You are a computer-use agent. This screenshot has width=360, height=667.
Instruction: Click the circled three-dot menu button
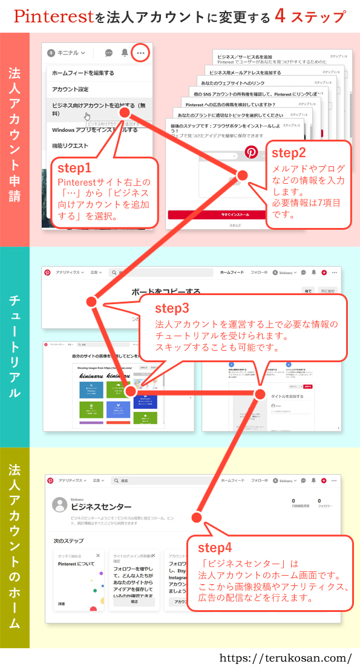tap(140, 53)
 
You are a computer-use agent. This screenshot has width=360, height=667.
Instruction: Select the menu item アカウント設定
tap(70, 89)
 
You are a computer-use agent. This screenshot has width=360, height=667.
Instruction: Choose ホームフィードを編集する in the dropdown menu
tap(83, 73)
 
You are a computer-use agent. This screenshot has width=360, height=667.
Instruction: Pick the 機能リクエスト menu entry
tap(70, 146)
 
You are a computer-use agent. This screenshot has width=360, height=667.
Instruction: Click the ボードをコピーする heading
tap(166, 291)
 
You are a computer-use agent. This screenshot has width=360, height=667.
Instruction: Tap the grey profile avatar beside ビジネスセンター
tap(59, 505)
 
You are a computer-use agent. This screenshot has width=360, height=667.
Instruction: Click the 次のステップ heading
tap(68, 540)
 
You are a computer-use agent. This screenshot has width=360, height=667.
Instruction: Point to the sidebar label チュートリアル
tap(15, 347)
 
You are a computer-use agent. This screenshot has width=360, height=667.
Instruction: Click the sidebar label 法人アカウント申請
tap(15, 139)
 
